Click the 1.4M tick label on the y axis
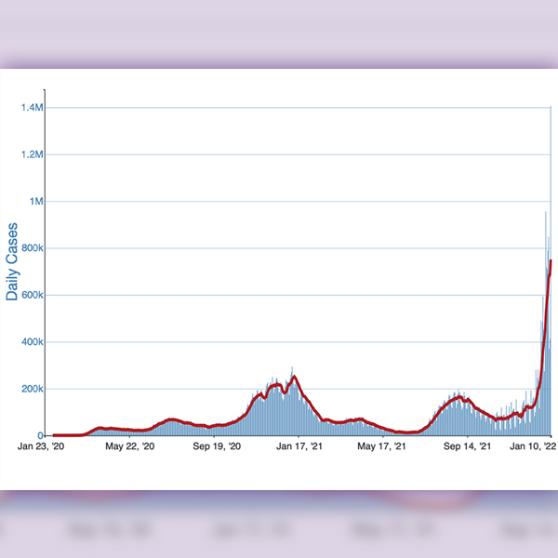pos(31,108)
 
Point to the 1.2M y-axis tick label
pos(31,154)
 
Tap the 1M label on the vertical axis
pos(35,201)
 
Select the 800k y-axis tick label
pos(31,248)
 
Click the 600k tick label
pos(31,295)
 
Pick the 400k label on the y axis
pos(31,342)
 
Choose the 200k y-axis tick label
pos(31,389)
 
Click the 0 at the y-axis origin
pos(40,435)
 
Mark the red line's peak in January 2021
pos(294,376)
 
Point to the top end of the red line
pos(551,260)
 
